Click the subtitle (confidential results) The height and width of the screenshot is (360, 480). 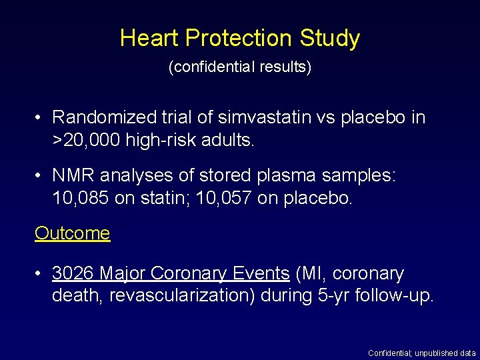click(x=240, y=67)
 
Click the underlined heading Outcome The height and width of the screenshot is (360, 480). click(x=72, y=233)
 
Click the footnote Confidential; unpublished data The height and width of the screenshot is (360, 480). click(x=422, y=353)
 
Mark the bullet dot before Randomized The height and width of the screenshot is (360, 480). click(x=40, y=118)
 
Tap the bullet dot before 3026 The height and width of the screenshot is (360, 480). click(x=40, y=274)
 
